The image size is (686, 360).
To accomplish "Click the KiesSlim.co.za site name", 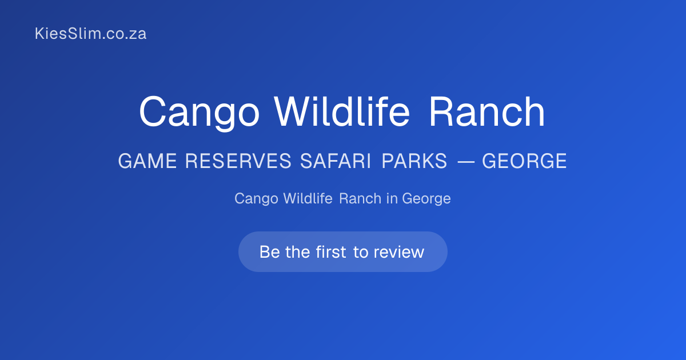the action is click(91, 33).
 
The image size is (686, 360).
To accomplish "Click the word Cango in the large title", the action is click(200, 113).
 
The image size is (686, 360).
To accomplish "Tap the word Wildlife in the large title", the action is click(342, 111).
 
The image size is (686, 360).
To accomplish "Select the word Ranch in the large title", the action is click(487, 111).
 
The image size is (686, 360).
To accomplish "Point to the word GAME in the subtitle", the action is click(147, 161).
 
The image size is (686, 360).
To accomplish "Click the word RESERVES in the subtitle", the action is click(238, 161).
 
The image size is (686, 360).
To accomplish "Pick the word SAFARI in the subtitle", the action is click(336, 161).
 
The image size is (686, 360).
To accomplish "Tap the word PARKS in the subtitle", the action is click(414, 161).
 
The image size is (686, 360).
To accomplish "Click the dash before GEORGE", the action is click(466, 161).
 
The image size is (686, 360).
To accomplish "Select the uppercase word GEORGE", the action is click(524, 161).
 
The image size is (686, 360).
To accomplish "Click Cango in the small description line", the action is click(256, 199).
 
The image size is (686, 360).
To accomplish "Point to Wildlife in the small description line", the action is click(308, 198).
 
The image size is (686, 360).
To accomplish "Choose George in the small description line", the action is click(426, 199).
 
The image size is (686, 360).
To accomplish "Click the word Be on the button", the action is click(269, 252).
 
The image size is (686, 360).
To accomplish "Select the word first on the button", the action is click(331, 252).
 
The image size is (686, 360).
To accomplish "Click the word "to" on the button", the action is click(361, 253).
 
